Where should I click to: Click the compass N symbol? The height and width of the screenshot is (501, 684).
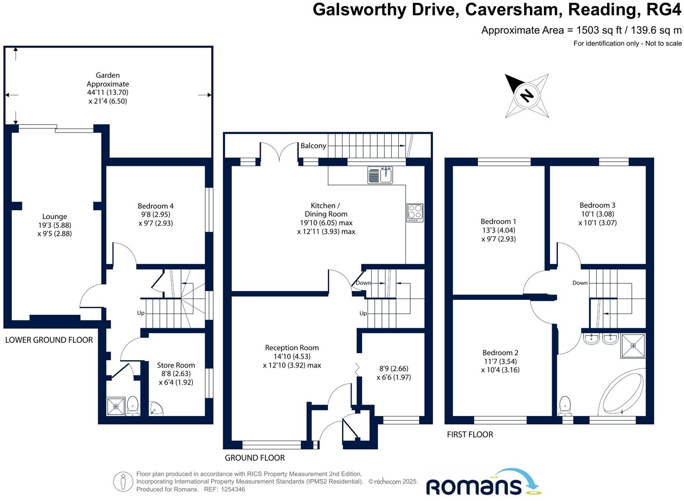[527, 96]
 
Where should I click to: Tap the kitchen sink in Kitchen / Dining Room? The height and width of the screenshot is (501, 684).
[380, 175]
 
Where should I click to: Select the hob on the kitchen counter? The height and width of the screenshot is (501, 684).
[415, 213]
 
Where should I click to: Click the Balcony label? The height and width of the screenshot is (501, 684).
[313, 146]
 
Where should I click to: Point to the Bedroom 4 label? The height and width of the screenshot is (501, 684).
[155, 206]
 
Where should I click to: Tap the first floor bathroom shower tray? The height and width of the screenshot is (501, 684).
[633, 346]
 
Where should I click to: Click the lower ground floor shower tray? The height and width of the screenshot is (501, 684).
[116, 406]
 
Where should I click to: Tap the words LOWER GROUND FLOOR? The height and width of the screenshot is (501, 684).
[49, 340]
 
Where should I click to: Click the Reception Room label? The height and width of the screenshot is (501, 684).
[292, 348]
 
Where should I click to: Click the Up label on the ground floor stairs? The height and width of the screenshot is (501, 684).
[363, 313]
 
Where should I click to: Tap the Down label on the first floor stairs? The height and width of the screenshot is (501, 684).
[580, 283]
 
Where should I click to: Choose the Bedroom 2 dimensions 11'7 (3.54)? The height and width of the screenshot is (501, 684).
[501, 361]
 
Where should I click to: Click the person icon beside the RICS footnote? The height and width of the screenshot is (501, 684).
[123, 481]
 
